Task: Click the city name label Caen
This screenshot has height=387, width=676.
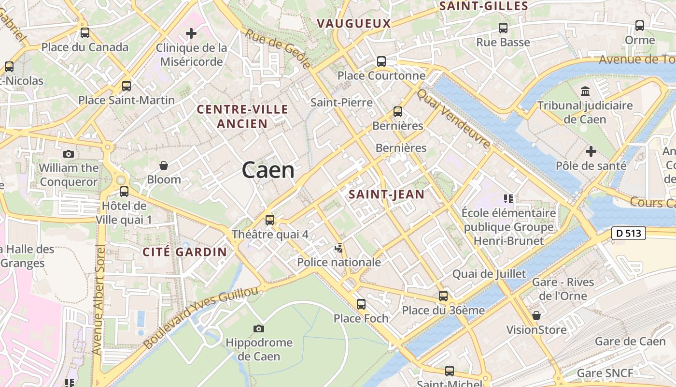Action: [x=268, y=170]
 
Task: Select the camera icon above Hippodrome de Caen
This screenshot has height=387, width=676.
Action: [x=259, y=329]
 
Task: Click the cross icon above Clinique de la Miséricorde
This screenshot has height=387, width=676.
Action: [x=191, y=33]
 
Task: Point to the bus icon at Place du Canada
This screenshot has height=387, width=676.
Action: [x=85, y=33]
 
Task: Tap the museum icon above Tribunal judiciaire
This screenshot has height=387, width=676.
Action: [x=585, y=91]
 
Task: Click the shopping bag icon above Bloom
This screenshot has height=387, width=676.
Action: [x=164, y=165]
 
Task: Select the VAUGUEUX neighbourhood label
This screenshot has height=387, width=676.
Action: [x=353, y=23]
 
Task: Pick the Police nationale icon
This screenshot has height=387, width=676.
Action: [x=339, y=248]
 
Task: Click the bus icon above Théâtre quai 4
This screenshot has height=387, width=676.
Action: [x=270, y=220]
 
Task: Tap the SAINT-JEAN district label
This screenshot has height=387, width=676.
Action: [x=386, y=194]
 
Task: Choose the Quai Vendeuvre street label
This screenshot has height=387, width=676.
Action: [x=454, y=119]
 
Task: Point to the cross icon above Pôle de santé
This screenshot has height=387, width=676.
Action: [x=591, y=151]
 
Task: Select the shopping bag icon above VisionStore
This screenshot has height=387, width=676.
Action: [x=536, y=315]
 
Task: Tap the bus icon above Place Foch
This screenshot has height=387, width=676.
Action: [x=361, y=304]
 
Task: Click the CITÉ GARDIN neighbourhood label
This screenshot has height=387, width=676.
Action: [x=184, y=252]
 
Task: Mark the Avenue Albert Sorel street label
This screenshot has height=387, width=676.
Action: [x=98, y=300]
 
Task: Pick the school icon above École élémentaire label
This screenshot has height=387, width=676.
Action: [x=508, y=198]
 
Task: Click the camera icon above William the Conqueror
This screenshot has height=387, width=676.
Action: [x=69, y=154]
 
